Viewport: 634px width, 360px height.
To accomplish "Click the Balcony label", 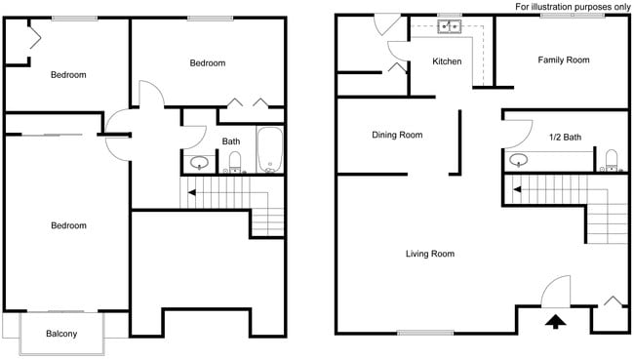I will click(x=61, y=335).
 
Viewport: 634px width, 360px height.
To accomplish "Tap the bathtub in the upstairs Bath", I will click(x=269, y=149).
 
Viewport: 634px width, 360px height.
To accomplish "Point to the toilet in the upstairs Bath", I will click(x=234, y=162).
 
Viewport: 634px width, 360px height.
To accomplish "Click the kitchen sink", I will click(x=450, y=26).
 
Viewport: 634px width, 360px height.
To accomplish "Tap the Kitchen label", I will click(x=448, y=62).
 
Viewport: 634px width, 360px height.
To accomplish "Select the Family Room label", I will click(x=564, y=60).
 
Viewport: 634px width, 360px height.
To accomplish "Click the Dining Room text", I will click(x=397, y=135).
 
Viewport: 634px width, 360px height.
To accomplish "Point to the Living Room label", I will click(x=430, y=254).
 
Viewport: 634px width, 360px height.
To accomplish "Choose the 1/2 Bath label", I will click(x=566, y=138).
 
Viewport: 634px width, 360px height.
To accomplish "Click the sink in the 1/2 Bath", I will click(x=518, y=160).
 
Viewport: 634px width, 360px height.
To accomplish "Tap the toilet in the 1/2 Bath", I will click(x=612, y=160).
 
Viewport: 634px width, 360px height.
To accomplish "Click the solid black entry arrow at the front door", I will click(x=555, y=321).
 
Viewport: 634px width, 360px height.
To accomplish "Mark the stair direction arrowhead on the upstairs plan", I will click(x=192, y=192).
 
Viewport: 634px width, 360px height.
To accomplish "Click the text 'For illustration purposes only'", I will click(x=572, y=7).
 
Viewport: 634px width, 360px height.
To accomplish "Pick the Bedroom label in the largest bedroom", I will click(x=68, y=225).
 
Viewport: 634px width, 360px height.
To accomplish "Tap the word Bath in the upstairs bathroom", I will click(x=231, y=141).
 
